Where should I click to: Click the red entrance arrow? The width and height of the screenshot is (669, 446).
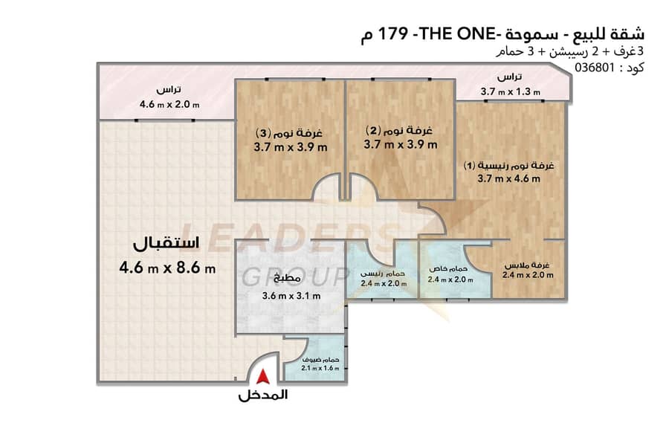point(263,377)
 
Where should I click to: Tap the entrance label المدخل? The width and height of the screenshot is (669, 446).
point(263,395)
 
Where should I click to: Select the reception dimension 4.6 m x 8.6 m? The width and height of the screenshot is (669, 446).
point(167,268)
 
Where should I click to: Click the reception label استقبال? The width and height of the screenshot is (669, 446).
point(167,243)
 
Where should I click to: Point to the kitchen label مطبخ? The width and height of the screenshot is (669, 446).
point(287,278)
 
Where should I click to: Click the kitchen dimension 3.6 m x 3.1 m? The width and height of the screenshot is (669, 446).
point(291,295)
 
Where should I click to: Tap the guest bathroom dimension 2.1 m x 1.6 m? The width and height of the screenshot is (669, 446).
point(320,368)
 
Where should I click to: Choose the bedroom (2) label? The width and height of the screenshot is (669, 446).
point(399,130)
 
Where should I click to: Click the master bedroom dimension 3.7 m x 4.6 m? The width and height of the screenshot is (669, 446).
point(508,178)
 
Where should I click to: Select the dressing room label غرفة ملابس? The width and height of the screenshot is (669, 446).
point(527,265)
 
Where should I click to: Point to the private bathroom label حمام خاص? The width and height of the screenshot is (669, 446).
point(448,269)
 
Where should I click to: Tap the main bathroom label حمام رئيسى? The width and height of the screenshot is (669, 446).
point(383,273)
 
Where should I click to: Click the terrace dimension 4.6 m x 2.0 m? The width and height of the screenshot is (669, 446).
point(169,104)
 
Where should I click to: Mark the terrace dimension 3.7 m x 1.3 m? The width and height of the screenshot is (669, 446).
point(510,91)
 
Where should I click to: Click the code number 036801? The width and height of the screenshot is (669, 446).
point(595,68)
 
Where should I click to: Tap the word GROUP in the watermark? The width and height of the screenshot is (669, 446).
point(294,276)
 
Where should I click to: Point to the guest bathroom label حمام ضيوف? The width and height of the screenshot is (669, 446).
point(320,360)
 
